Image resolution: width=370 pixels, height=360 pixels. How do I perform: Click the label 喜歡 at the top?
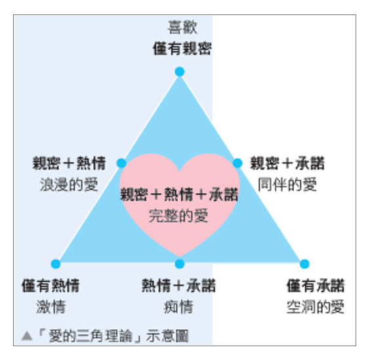pyautogui.click(x=182, y=28)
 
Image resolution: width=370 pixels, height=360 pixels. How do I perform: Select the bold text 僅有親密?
pyautogui.click(x=182, y=49)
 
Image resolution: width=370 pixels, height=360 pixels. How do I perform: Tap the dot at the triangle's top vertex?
pyautogui.click(x=180, y=71)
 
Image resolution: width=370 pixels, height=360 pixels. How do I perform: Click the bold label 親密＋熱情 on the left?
pyautogui.click(x=69, y=163)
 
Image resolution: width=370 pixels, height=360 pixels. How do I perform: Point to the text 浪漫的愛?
pyautogui.click(x=69, y=184)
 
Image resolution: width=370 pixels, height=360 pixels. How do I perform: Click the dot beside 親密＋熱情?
pyautogui.click(x=121, y=163)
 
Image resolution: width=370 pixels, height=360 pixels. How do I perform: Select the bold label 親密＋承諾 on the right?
pyautogui.click(x=287, y=163)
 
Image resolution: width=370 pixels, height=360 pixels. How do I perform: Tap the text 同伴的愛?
pyautogui.click(x=287, y=184)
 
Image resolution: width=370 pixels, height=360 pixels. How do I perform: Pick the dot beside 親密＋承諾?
pyautogui.click(x=237, y=163)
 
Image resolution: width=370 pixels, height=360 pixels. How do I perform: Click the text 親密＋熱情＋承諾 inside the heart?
pyautogui.click(x=179, y=194)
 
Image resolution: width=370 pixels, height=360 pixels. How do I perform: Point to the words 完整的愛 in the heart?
pyautogui.click(x=178, y=216)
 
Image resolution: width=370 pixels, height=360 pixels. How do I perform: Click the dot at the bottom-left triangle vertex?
pyautogui.click(x=56, y=264)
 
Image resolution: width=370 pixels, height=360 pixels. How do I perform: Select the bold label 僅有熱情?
pyautogui.click(x=51, y=286)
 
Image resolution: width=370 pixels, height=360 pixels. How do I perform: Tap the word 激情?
pyautogui.click(x=51, y=307)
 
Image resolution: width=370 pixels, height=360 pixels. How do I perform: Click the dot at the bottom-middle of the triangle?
pyautogui.click(x=180, y=264)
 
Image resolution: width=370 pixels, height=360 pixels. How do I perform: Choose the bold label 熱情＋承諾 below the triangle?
pyautogui.click(x=178, y=286)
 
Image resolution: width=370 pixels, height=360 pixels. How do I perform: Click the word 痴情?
pyautogui.click(x=178, y=307)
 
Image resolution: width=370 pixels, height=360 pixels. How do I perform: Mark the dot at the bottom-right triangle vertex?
pyautogui.click(x=304, y=264)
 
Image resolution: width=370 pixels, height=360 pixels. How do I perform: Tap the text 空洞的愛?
pyautogui.click(x=316, y=307)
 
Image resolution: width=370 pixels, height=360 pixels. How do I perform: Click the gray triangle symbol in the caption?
pyautogui.click(x=27, y=336)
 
